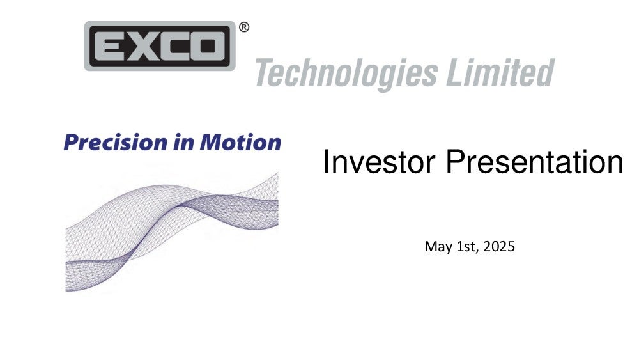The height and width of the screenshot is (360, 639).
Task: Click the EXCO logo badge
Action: click(160, 46)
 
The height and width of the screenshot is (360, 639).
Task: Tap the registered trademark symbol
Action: click(243, 27)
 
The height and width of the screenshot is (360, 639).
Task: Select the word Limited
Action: click(500, 72)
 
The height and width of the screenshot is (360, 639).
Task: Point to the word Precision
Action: click(116, 143)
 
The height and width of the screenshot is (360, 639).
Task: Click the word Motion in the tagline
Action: click(240, 143)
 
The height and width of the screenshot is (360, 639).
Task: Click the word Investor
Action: click(379, 162)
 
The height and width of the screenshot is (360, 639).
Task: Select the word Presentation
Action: click(534, 162)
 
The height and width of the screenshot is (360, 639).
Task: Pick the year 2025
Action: click(499, 246)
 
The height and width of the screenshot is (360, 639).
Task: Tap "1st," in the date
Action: click(468, 247)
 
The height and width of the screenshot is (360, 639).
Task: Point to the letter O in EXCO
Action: click(208, 46)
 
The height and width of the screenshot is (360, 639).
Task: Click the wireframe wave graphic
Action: click(171, 231)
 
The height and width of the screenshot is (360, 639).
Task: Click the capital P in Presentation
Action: click(456, 162)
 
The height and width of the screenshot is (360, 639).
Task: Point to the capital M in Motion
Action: click(211, 143)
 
